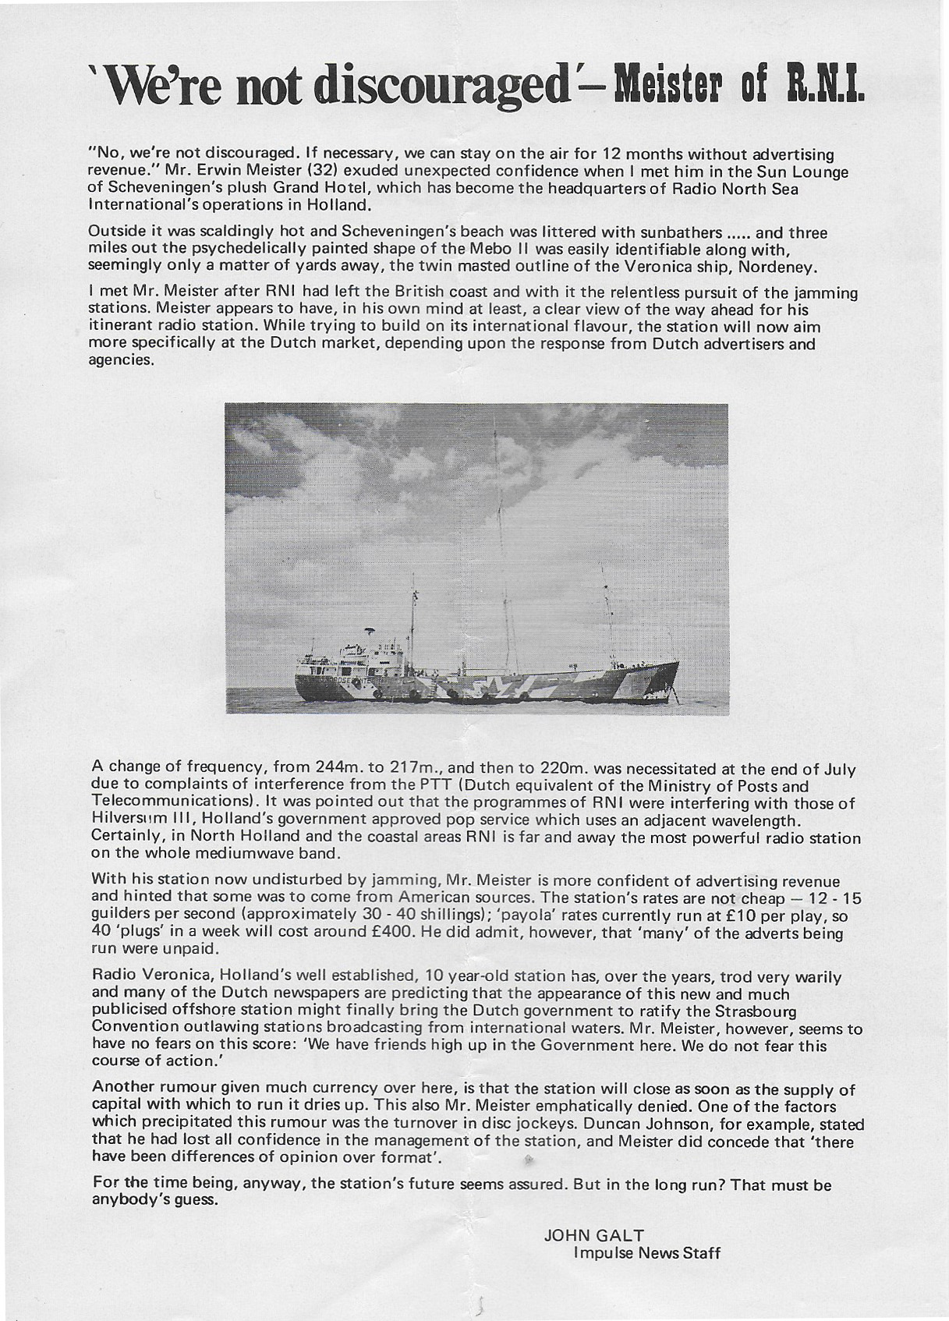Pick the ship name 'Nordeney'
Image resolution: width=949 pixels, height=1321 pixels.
[779, 267]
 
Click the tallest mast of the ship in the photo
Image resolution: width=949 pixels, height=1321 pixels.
[494, 546]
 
